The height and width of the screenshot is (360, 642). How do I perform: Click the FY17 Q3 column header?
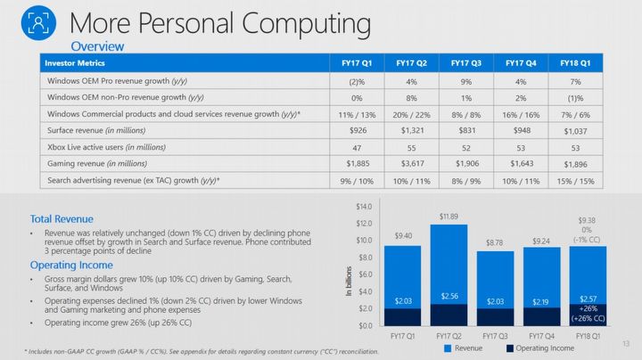click(x=466, y=63)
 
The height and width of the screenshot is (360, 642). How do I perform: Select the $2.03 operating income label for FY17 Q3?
click(x=496, y=303)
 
